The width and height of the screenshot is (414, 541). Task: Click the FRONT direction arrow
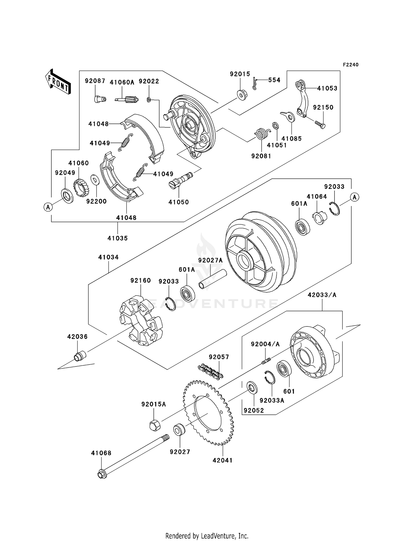58,82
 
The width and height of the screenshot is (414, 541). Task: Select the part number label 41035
118,238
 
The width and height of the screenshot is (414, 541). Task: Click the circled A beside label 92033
355,197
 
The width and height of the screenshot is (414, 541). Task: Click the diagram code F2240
351,65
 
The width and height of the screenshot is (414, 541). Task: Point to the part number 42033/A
322,295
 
